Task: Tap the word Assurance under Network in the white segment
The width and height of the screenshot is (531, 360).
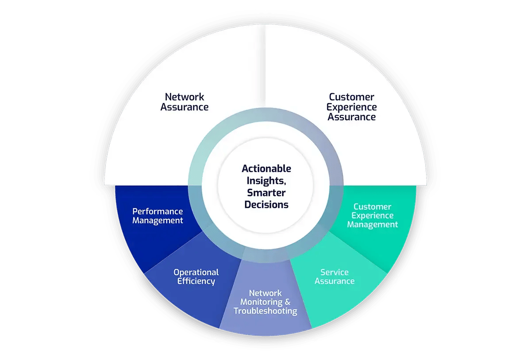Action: click(x=185, y=107)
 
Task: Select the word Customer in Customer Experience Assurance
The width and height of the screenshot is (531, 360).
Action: click(x=351, y=97)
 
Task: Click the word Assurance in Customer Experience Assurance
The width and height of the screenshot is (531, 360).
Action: click(x=352, y=117)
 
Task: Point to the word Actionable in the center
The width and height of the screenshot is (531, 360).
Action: click(x=266, y=169)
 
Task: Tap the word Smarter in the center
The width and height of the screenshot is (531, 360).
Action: click(x=266, y=193)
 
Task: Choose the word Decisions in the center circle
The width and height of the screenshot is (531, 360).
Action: click(x=266, y=205)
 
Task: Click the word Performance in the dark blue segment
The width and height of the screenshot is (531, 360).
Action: click(x=158, y=211)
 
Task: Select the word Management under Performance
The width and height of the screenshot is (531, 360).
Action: click(x=158, y=220)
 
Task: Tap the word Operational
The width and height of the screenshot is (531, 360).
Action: click(x=196, y=272)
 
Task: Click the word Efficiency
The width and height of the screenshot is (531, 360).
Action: click(x=196, y=281)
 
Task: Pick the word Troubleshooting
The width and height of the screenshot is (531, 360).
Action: click(x=265, y=311)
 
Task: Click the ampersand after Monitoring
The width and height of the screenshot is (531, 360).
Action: click(x=287, y=302)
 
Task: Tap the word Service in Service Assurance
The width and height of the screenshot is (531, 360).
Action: click(x=335, y=272)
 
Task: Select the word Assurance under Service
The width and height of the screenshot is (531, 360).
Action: click(x=335, y=281)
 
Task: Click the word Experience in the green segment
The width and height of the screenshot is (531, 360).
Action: click(x=373, y=215)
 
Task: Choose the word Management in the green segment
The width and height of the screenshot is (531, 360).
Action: click(x=373, y=224)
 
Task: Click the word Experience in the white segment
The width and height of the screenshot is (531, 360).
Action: click(x=352, y=107)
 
